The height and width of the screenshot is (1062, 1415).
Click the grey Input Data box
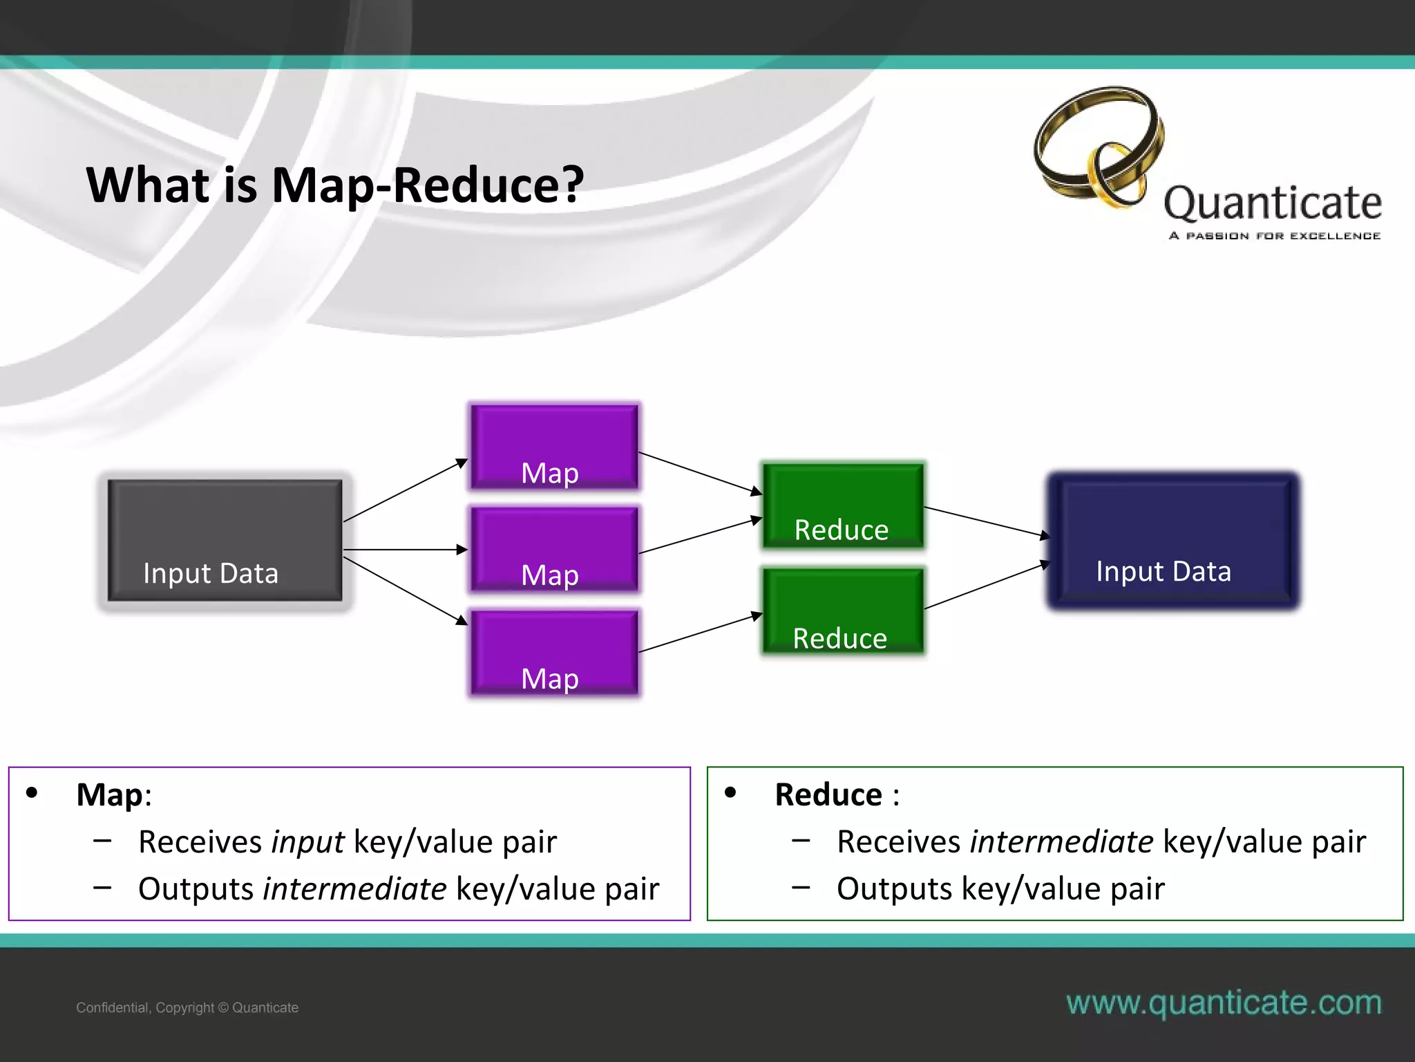pos(225,540)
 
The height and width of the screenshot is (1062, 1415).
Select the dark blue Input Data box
pos(1173,541)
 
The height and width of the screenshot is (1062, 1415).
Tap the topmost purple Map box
pos(554,447)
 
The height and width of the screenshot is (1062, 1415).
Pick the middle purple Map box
pos(554,549)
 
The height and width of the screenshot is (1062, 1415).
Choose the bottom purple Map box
pos(554,652)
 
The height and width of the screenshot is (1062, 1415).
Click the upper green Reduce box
pos(842,506)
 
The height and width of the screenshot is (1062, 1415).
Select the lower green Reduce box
pos(842,611)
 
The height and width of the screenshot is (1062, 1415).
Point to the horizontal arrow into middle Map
pos(405,550)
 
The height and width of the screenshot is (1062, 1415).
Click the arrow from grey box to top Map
pos(405,490)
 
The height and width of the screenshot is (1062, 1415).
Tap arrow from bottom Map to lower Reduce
pos(699,633)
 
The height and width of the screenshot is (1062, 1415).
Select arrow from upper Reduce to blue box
pos(986,522)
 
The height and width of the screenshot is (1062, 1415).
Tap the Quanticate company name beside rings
pos(1273,203)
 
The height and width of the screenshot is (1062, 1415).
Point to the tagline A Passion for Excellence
pos(1274,236)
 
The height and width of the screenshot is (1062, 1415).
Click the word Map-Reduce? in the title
pos(428,185)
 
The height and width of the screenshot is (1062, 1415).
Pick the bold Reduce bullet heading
pos(828,794)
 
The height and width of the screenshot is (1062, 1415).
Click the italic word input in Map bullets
pos(307,842)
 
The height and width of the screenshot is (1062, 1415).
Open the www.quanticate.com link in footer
pos(1224,1003)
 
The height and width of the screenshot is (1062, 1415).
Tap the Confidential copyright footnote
pos(187,1007)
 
